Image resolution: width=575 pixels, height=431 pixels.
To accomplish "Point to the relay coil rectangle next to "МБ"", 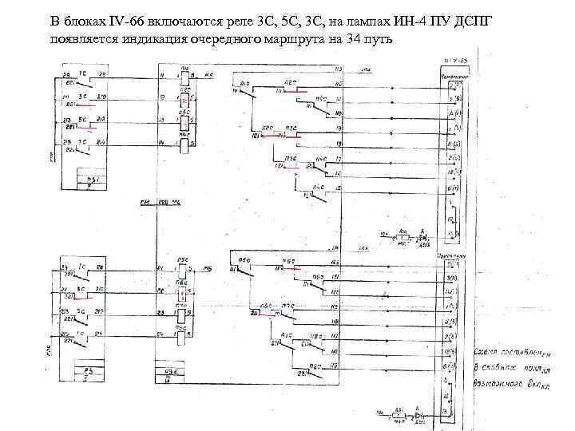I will pyautogui.click(x=184, y=270).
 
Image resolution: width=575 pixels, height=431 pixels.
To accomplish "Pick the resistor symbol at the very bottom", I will pyautogui.click(x=399, y=415).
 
